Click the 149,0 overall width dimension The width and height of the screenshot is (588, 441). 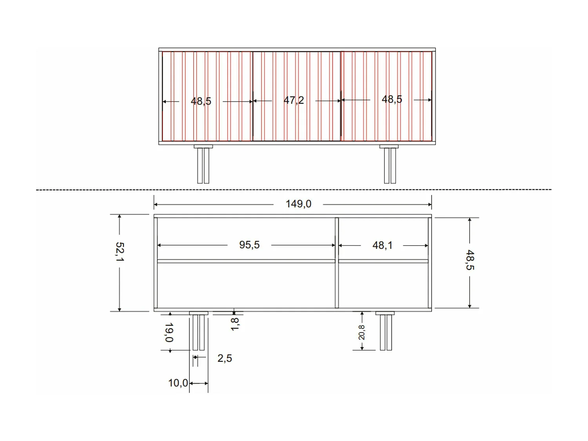coord(298,204)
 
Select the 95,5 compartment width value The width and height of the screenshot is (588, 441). coord(249,245)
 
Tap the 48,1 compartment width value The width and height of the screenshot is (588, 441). coord(382,245)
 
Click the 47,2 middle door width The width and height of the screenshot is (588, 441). coord(294,100)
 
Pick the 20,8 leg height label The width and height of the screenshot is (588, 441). coord(361,332)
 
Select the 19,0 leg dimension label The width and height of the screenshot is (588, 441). coord(169,332)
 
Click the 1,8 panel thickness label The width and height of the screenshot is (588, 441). coord(235,324)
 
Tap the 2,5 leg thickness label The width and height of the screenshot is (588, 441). coord(225,358)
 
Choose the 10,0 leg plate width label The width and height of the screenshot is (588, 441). coord(178,383)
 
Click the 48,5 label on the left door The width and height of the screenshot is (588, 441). coord(201,101)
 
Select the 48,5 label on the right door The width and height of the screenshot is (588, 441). coord(392,99)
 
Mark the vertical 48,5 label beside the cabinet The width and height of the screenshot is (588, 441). coord(470,260)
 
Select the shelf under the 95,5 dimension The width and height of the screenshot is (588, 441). coord(246,261)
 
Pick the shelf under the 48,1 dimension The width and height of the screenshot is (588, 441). coord(383,261)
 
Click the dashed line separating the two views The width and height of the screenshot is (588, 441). coord(294,190)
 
